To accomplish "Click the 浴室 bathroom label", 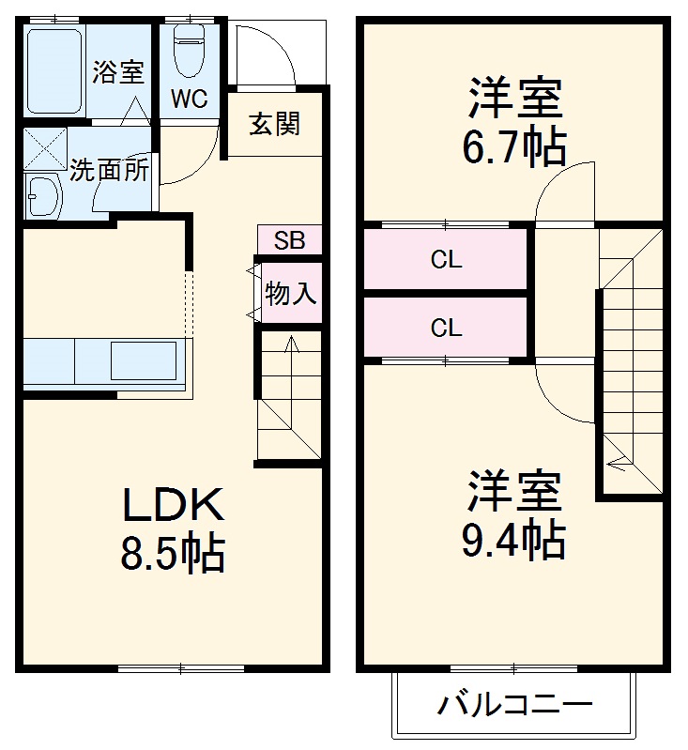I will pos(117,73).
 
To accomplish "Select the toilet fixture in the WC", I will pos(189,47).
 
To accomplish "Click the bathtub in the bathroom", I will pos(55,69).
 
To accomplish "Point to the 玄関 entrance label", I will pos(274,123).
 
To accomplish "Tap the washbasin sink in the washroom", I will pos(41,196).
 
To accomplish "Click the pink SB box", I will pos(289,240).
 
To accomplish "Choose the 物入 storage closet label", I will pos(290,293).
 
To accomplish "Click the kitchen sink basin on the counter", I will pos(144,360).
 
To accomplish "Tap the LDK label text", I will pos(173,507).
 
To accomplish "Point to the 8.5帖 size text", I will pos(173,554).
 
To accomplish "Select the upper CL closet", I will pos(447,260).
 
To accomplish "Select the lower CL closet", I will pos(447,328).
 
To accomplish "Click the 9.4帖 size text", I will pos(513,539).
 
